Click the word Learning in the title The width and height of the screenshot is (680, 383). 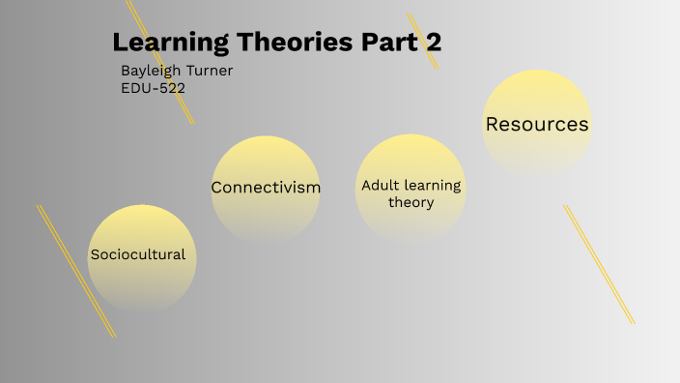(165, 43)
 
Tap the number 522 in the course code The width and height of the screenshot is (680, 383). (170, 88)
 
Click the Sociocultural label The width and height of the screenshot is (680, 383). (137, 254)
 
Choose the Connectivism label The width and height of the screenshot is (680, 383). (266, 187)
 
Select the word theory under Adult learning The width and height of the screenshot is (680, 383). (411, 202)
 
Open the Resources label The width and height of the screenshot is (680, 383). (537, 125)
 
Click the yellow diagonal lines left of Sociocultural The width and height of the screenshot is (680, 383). (75, 271)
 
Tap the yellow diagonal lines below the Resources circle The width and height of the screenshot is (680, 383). (599, 263)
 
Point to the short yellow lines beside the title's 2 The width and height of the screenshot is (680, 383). (423, 41)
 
